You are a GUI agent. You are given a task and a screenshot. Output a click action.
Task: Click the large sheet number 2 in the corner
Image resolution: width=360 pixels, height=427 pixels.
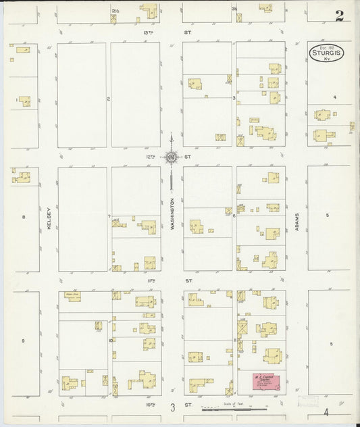[x=339, y=15]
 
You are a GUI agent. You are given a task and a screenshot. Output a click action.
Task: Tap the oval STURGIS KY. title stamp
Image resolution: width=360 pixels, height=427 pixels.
[x=326, y=53]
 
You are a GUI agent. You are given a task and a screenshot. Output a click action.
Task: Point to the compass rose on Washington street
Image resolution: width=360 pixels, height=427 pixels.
[x=172, y=157]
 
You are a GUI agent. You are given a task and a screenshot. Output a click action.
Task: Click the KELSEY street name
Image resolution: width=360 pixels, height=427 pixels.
[x=49, y=220]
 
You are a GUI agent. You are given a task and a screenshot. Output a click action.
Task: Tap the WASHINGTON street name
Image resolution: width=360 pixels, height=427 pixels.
[x=172, y=215]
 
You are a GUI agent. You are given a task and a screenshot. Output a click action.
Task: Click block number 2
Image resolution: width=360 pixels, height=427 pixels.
[x=108, y=99]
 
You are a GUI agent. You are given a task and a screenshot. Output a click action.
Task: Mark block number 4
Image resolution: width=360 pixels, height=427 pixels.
[x=334, y=97]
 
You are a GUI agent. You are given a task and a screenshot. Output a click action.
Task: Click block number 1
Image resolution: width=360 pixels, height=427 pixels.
[x=16, y=101]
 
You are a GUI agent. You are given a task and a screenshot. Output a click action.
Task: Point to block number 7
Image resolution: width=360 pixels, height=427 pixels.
[x=109, y=216]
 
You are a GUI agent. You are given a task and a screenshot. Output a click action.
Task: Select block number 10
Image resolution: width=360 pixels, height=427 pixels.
[x=109, y=340]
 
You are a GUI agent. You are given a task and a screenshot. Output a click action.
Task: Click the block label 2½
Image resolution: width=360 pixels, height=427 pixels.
[x=114, y=11]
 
